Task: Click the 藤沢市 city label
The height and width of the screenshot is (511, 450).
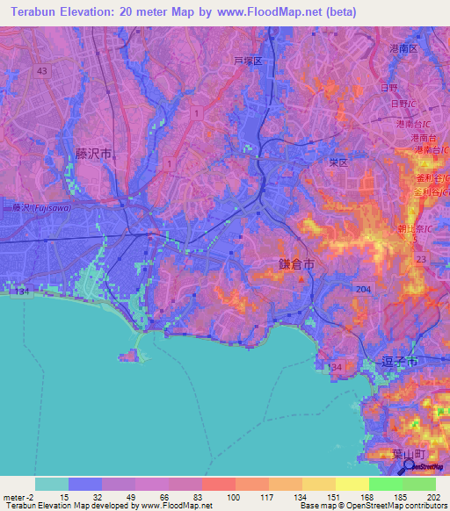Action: (x=93, y=153)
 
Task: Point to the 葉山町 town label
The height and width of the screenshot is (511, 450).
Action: (x=384, y=454)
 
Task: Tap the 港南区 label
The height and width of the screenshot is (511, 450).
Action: (x=407, y=50)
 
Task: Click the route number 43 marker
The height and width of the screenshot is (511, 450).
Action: (x=41, y=70)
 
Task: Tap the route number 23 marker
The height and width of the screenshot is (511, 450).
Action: (x=420, y=260)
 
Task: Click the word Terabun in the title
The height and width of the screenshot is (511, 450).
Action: (x=36, y=13)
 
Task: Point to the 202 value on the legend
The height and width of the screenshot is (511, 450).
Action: (x=432, y=496)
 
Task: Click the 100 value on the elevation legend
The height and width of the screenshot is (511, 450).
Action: (x=233, y=496)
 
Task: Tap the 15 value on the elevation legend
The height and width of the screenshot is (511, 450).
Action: (x=63, y=496)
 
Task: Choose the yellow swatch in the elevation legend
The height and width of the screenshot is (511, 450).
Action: (x=352, y=484)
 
